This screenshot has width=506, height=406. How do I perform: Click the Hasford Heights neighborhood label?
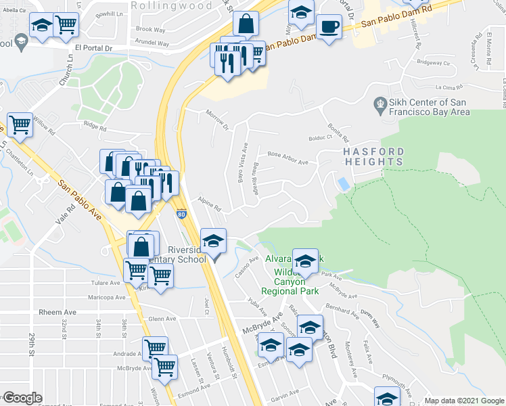point(373,156)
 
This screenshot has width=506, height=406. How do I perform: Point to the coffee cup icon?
point(329,28)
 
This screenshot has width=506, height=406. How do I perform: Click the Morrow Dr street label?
point(218,121)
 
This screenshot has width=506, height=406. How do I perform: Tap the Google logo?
point(22,398)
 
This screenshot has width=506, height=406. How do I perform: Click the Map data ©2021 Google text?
point(463,401)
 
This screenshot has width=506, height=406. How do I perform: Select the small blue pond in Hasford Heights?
point(344,183)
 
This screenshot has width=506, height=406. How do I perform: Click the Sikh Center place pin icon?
point(380,105)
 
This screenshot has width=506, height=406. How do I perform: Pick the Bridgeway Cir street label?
point(434,63)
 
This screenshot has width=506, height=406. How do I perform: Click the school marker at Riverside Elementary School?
point(214,242)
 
